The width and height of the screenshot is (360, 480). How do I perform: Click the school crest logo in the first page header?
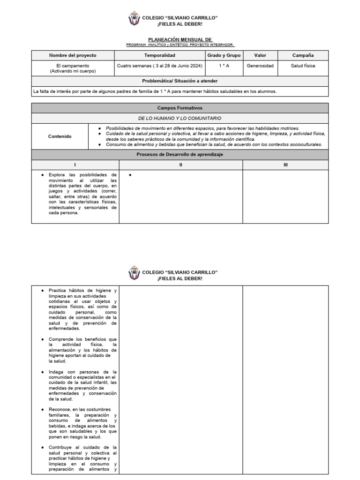coord(134,20)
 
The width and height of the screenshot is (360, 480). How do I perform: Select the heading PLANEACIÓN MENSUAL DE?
coord(180,40)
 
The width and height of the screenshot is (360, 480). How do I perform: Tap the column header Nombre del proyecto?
coord(72,55)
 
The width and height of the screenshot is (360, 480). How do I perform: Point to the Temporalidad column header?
coord(159,55)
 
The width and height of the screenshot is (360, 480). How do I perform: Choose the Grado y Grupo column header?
coord(224,55)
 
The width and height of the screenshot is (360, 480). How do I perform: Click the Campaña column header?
coord(303,55)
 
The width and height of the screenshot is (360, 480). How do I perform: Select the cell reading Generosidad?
coord(260,66)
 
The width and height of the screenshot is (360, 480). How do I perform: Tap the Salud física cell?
coord(303,66)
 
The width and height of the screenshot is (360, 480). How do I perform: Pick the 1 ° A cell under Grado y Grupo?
coord(224,66)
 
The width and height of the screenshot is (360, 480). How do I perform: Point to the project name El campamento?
coord(72,66)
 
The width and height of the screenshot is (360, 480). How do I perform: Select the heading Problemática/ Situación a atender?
coord(180,81)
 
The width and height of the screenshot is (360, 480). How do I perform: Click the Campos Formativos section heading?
coord(180,108)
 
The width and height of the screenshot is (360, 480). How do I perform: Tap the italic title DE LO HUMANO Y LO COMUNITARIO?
coord(180,118)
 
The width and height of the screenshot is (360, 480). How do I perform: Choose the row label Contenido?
coord(60,136)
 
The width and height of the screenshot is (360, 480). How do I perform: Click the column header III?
coord(285,165)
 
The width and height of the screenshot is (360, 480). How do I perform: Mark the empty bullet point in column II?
coord(129,175)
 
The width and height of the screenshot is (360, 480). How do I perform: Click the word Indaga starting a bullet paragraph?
coord(56,372)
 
